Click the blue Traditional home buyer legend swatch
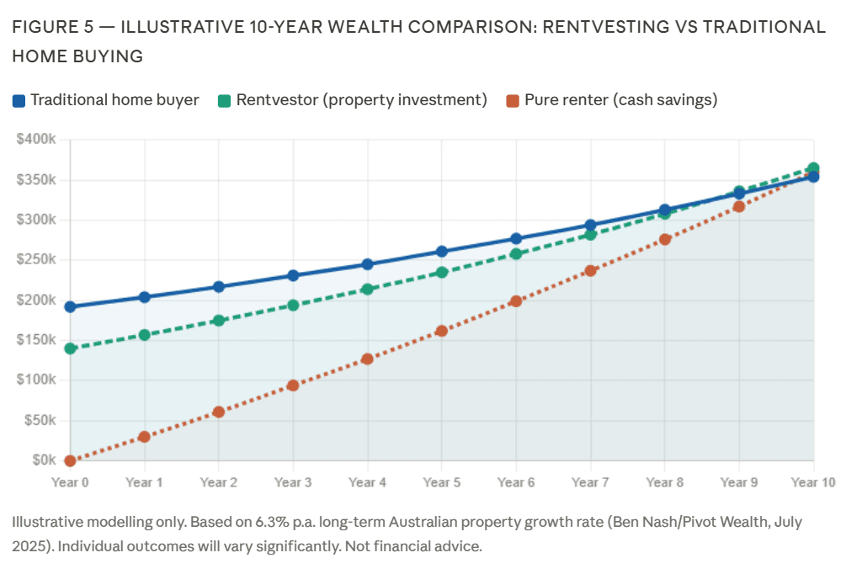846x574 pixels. [19, 101]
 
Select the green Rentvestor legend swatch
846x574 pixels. [225, 101]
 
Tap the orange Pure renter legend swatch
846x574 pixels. [513, 101]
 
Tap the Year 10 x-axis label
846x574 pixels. [812, 482]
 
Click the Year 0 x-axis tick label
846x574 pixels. [70, 482]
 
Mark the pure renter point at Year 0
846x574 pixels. [70, 460]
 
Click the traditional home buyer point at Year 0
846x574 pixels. [70, 307]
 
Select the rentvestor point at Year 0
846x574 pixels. [70, 348]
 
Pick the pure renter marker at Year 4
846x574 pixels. [367, 359]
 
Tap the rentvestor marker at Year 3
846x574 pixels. [293, 306]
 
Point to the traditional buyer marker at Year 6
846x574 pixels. [516, 239]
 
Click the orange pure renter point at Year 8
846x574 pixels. [665, 239]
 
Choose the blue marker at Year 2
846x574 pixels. [219, 287]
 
